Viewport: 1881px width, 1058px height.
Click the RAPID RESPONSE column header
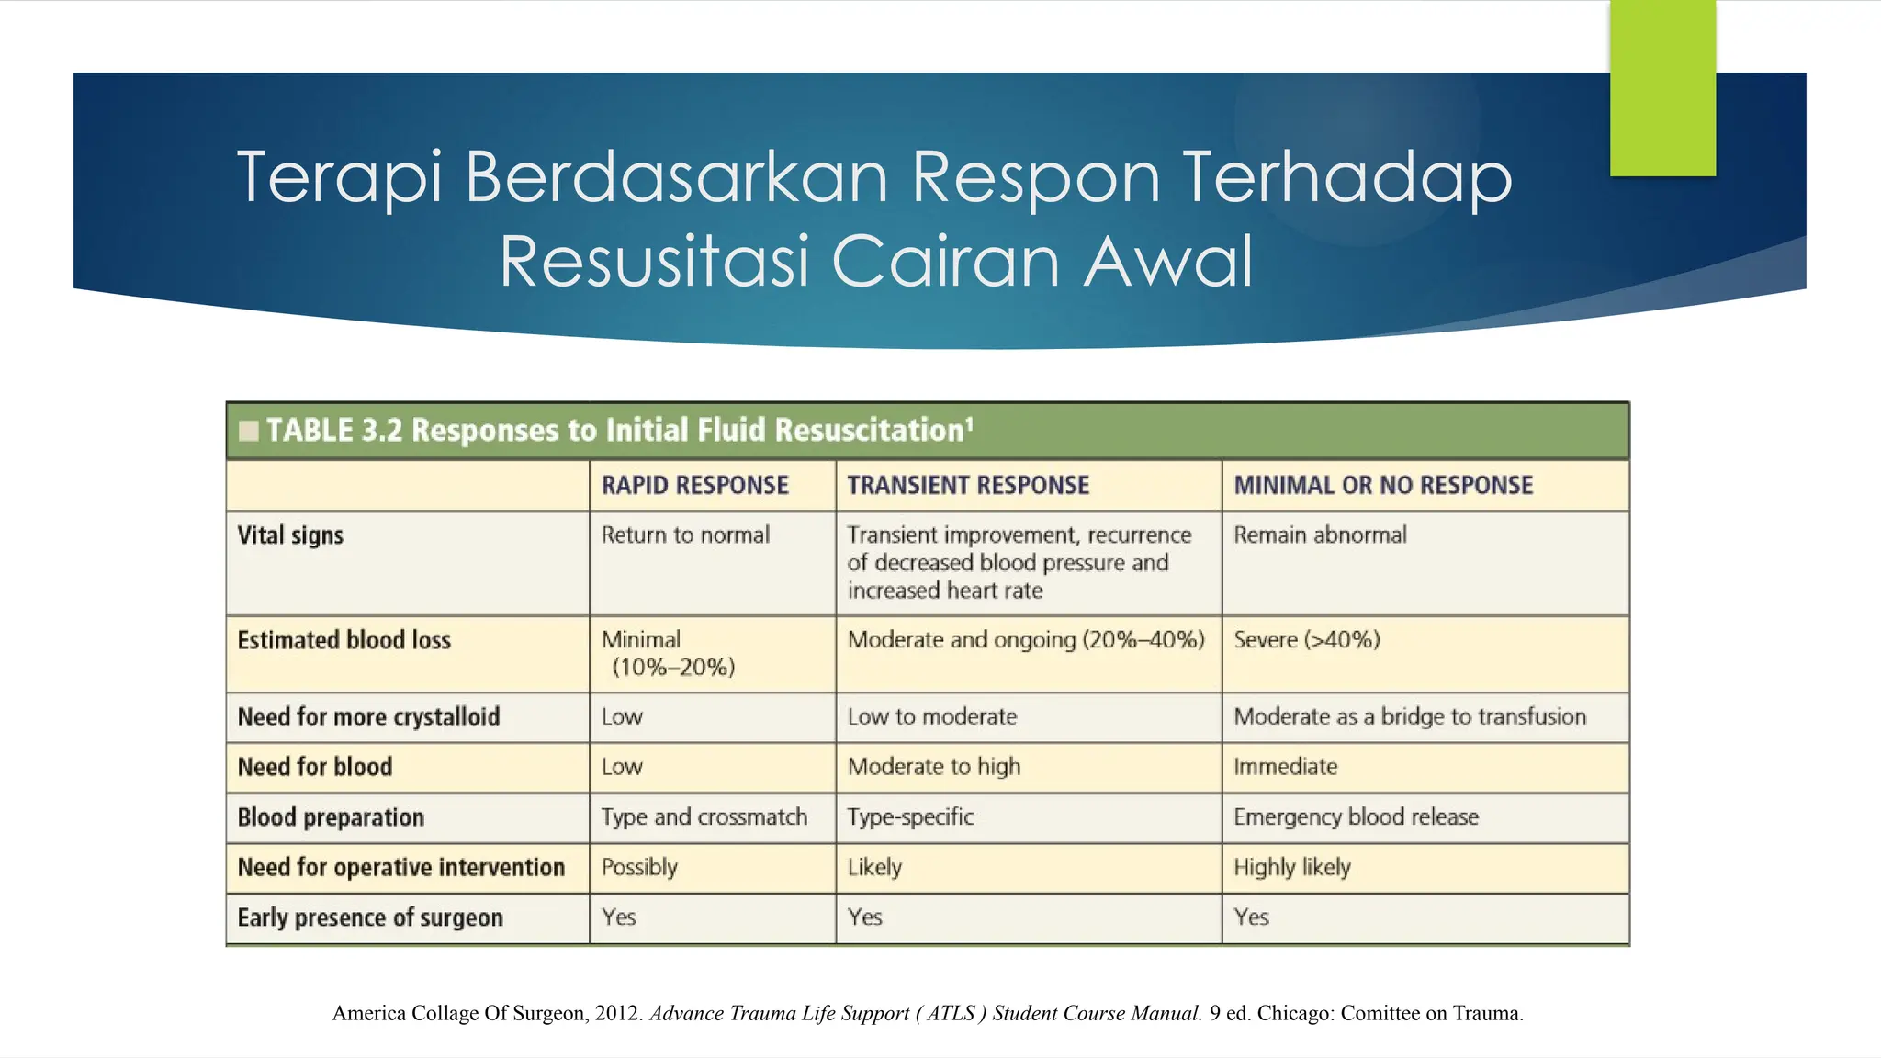(694, 485)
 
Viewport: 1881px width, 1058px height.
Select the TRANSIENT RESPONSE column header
(967, 485)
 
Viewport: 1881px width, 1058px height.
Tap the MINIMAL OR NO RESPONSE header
(1382, 485)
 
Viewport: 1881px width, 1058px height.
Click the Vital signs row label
(290, 535)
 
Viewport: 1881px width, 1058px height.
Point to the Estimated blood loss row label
(344, 640)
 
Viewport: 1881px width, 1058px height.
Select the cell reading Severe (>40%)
(1306, 640)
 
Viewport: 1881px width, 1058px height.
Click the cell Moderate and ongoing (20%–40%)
(1025, 640)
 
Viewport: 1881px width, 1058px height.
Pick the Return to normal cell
(685, 535)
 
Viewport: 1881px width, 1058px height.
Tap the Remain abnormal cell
(1319, 535)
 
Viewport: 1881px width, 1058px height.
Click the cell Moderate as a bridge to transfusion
(1409, 717)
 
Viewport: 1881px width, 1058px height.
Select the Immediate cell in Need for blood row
(1285, 767)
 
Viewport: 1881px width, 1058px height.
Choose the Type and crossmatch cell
(704, 817)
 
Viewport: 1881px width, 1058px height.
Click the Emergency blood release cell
(1356, 817)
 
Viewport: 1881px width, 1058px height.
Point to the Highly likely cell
(1291, 867)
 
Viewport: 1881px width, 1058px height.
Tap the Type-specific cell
(909, 817)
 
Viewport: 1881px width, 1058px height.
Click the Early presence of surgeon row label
(369, 917)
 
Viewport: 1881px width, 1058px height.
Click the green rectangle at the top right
(1662, 87)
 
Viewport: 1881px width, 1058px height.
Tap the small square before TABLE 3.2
(248, 431)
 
